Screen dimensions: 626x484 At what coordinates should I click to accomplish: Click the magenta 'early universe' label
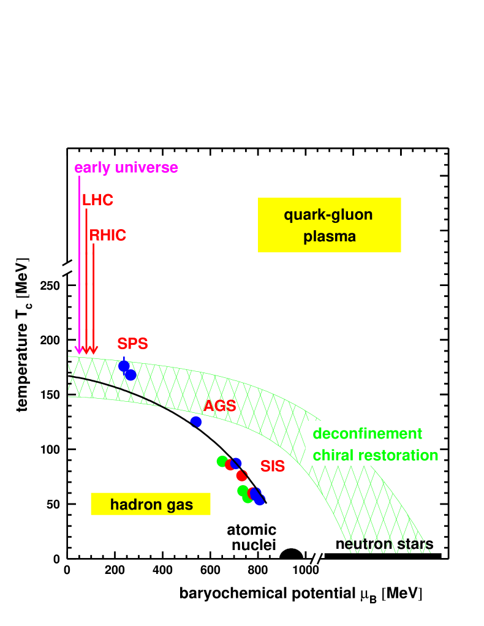click(126, 168)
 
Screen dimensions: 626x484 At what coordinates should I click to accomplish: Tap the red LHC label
click(97, 200)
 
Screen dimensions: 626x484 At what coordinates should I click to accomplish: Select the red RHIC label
click(108, 236)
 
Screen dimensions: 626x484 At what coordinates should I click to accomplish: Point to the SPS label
click(132, 344)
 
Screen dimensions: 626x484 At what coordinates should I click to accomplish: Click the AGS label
click(219, 406)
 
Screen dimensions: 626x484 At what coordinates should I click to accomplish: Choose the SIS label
click(273, 466)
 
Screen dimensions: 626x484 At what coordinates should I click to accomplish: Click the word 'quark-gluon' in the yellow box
click(328, 215)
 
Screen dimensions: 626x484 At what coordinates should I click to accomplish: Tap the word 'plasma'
click(330, 236)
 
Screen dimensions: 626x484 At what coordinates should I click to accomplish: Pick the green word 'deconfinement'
click(367, 434)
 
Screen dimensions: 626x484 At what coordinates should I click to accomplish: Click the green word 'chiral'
click(331, 455)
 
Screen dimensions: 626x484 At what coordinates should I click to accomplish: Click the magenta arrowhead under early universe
click(79, 350)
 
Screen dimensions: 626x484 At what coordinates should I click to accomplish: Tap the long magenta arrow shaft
click(79, 257)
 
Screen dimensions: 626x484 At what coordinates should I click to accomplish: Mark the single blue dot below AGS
click(196, 421)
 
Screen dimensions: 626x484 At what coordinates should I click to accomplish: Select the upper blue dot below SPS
click(124, 366)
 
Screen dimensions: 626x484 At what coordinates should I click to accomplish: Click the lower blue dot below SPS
click(130, 375)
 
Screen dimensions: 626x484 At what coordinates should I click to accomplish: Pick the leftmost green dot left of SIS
click(222, 461)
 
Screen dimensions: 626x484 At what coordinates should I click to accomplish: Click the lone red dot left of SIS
click(242, 475)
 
